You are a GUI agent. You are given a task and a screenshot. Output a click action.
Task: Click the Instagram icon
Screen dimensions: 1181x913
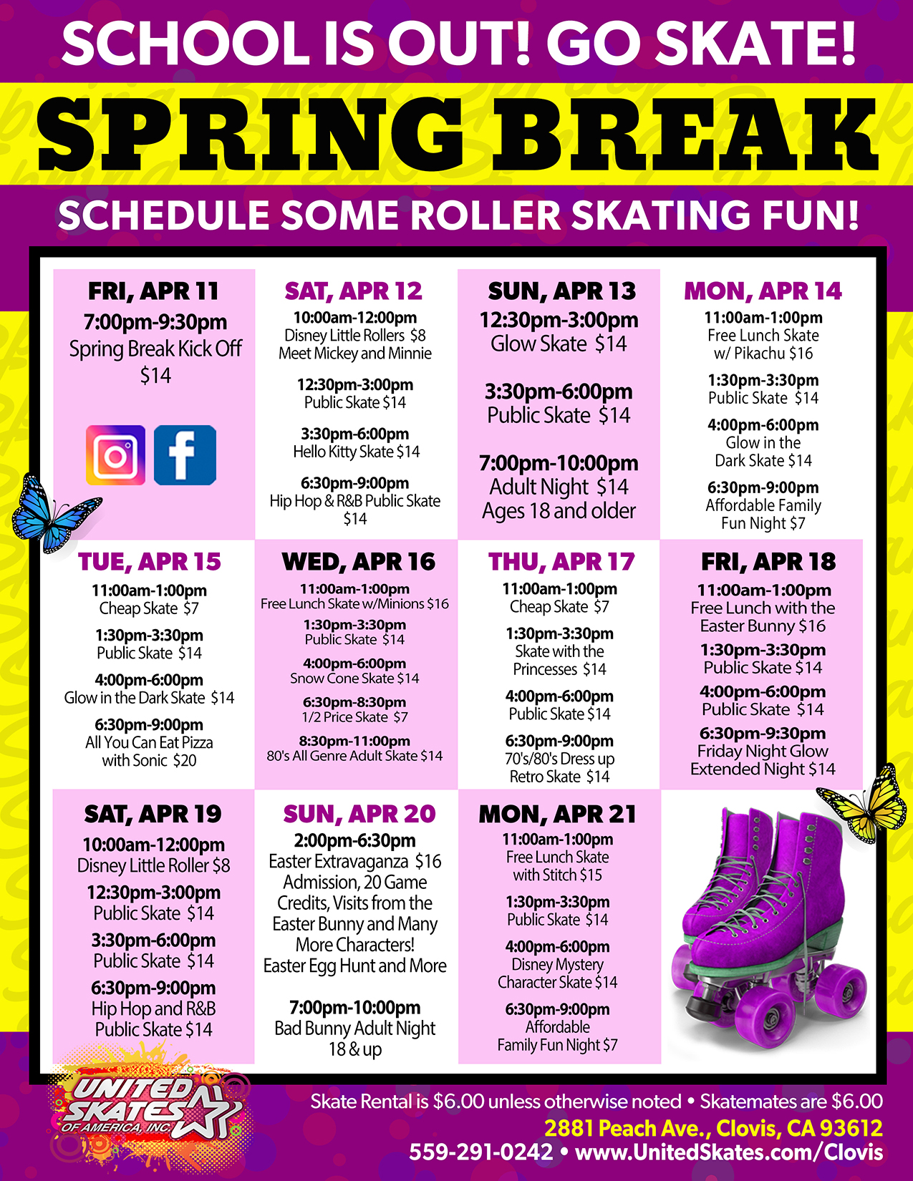point(115,455)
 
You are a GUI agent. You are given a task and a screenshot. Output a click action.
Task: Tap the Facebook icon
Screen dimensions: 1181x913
point(185,455)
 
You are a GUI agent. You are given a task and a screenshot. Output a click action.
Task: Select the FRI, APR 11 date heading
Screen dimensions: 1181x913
point(153,291)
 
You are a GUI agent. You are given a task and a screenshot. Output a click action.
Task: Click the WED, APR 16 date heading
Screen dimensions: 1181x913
point(358,562)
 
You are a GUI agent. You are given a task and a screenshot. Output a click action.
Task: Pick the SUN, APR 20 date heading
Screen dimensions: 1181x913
point(359,814)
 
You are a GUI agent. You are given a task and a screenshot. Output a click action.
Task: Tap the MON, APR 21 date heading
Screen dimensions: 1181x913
point(557,814)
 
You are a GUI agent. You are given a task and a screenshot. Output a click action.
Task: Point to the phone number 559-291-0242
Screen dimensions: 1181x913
point(480,1152)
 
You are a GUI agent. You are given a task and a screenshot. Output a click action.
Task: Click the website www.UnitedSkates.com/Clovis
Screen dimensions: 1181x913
point(728,1152)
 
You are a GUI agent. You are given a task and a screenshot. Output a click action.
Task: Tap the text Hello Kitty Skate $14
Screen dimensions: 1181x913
point(356,452)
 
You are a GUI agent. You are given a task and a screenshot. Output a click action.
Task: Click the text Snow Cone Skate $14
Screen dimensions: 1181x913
point(354,679)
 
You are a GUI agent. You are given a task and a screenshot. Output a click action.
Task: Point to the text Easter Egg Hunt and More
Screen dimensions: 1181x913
point(354,966)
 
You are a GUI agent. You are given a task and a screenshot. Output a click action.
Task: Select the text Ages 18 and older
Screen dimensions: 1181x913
point(559,511)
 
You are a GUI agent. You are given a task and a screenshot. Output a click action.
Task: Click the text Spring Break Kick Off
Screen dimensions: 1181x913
point(155,349)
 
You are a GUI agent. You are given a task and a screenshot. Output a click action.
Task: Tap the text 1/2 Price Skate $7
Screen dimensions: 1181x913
point(354,717)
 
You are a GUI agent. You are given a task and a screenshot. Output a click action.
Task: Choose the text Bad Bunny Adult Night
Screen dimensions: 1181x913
point(354,1029)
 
